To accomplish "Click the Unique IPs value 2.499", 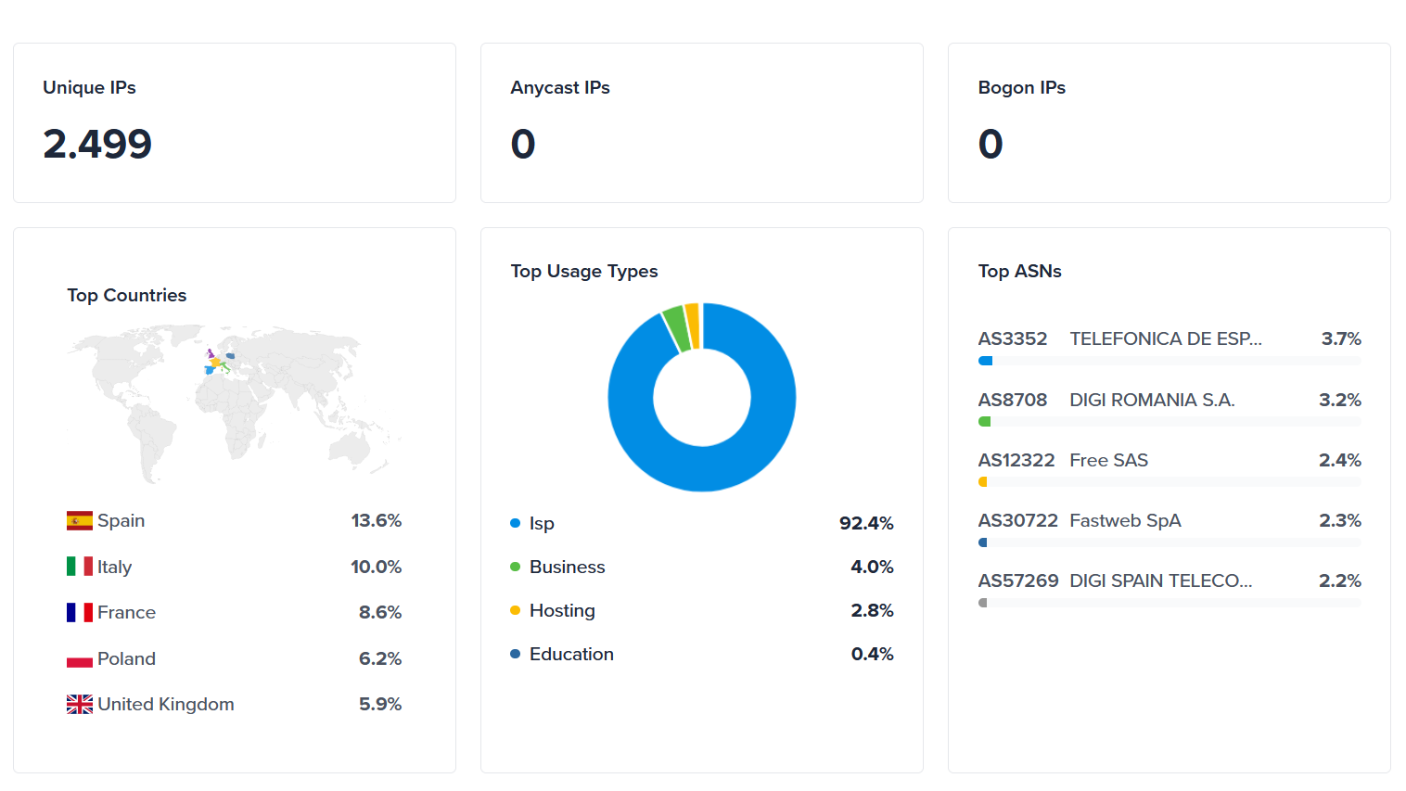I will (x=97, y=144).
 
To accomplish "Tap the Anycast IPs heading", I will (x=560, y=87).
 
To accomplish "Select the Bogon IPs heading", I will (x=1021, y=87).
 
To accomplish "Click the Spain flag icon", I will (x=80, y=520).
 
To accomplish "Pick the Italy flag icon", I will (x=80, y=567).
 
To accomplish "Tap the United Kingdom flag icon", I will (x=80, y=705).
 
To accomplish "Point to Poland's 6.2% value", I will (x=380, y=658).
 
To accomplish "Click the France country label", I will (x=126, y=612).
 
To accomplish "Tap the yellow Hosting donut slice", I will (x=692, y=325).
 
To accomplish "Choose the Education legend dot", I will (x=515, y=654).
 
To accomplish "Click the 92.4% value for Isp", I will (x=866, y=523).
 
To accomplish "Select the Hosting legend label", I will (x=562, y=610).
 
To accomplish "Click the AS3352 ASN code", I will (x=1012, y=338).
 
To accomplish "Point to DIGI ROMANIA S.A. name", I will (x=1152, y=400).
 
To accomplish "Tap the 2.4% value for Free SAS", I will (x=1340, y=460).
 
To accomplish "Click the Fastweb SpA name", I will (x=1125, y=520).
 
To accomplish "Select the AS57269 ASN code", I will (x=1017, y=580).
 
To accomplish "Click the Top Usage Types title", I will (x=584, y=271).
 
